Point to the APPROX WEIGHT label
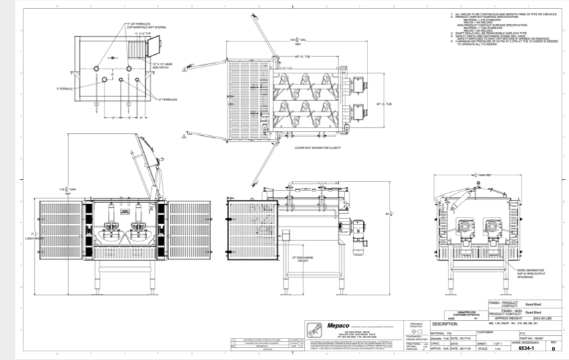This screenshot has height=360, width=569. click(504, 317)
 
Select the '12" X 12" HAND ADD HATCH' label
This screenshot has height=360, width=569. click(163, 66)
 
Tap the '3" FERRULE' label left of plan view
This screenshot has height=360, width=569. click(64, 88)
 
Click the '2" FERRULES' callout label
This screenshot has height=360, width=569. click(168, 100)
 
